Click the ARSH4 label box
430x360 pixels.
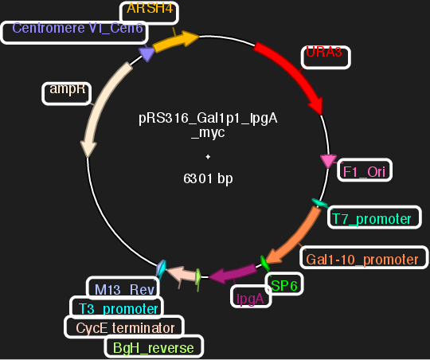click(x=150, y=12)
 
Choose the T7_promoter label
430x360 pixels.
click(x=372, y=218)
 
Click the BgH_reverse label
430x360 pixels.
click(x=153, y=347)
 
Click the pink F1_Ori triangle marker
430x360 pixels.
click(x=327, y=161)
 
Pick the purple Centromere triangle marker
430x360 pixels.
click(x=147, y=53)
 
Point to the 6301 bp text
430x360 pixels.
click(x=208, y=179)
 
